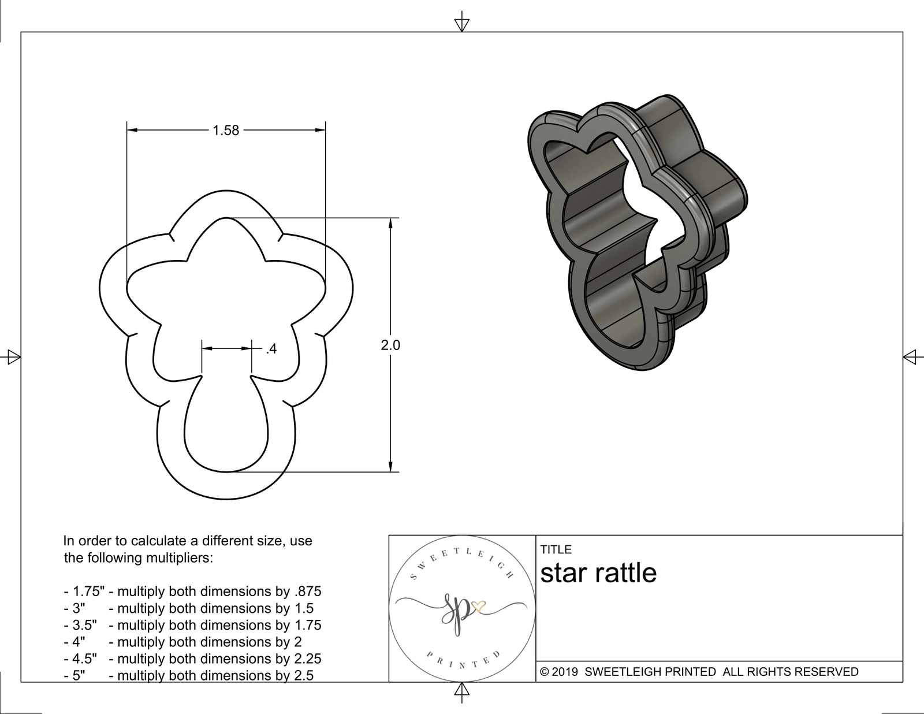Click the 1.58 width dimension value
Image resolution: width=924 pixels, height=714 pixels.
[x=226, y=131]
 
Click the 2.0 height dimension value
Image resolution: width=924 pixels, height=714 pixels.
[x=390, y=345]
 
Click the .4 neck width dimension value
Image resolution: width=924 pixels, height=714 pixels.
[x=271, y=349]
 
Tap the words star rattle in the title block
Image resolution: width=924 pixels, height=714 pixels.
[x=598, y=573]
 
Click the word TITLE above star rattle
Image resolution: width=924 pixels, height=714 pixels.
[x=556, y=549]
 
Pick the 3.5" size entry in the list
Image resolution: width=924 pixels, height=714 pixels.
[x=80, y=625]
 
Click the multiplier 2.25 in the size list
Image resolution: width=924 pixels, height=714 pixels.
[x=307, y=659]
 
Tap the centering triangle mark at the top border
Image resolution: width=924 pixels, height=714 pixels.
[x=461, y=24]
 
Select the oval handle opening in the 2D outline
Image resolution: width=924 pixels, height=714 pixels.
[x=227, y=427]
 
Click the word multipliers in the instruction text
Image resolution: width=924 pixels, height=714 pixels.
[x=180, y=558]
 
